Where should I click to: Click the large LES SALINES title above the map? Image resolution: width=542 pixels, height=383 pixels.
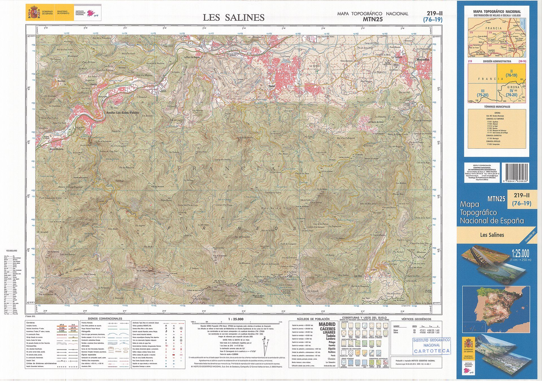pyautogui.click(x=233, y=17)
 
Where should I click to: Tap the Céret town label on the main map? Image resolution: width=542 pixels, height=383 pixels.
pyautogui.click(x=272, y=86)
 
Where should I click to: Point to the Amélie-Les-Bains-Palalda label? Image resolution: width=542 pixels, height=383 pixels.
pyautogui.click(x=122, y=113)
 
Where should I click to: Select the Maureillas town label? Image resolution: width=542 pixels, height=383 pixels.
pyautogui.click(x=423, y=60)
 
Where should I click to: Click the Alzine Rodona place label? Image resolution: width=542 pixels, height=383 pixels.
pyautogui.click(x=56, y=149)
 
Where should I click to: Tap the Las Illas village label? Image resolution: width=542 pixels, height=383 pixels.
pyautogui.click(x=358, y=276)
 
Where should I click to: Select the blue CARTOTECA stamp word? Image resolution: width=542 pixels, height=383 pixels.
pyautogui.click(x=432, y=351)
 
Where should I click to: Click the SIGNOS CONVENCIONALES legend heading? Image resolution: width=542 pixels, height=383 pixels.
pyautogui.click(x=105, y=319)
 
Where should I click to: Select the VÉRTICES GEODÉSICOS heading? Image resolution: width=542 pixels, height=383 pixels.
pyautogui.click(x=416, y=319)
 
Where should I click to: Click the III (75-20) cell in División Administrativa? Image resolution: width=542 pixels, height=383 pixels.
pyautogui.click(x=482, y=93)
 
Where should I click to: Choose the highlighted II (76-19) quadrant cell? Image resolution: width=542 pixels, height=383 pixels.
pyautogui.click(x=511, y=73)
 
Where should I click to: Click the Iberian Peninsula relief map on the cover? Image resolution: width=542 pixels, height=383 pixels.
pyautogui.click(x=496, y=309)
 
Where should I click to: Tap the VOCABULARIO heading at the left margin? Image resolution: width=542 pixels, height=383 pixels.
pyautogui.click(x=12, y=251)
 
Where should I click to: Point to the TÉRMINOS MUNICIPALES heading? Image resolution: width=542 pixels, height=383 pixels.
pyautogui.click(x=497, y=107)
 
